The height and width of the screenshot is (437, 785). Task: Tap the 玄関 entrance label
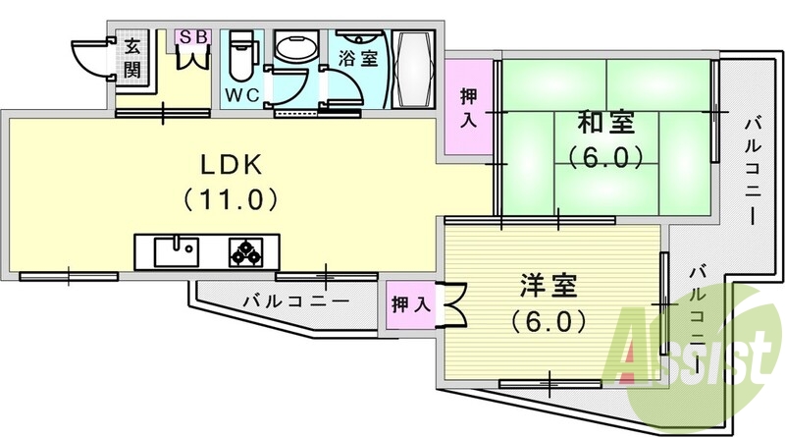coord(132,56)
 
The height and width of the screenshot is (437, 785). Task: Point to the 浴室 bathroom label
coord(358,57)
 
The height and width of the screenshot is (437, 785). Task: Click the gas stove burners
coord(246,252)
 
